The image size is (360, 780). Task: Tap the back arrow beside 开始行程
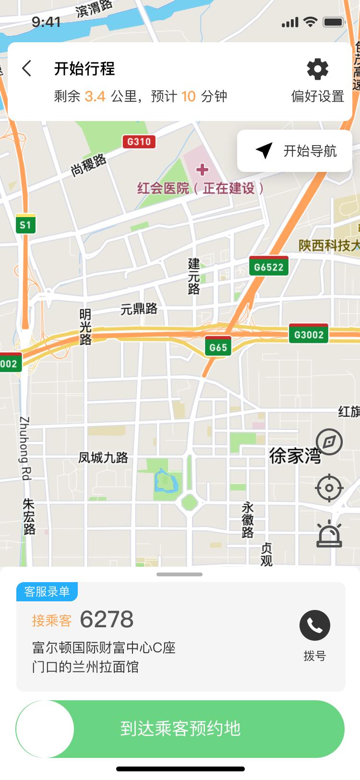coord(27,69)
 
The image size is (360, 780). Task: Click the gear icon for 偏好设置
coord(317,70)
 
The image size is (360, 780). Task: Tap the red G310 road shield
coord(139,142)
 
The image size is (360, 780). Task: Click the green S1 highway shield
coord(25,224)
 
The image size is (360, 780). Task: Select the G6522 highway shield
coord(269,267)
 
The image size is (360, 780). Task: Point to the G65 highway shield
coord(218,347)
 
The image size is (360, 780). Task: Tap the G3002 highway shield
coord(309,334)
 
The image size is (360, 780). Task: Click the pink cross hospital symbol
coord(203,170)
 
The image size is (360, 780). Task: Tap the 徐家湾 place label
coord(295,455)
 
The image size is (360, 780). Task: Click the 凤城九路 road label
coord(103,457)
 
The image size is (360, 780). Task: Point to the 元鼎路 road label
coord(139,308)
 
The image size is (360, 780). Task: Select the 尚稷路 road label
coord(88,165)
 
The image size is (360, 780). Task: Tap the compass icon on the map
coord(329,442)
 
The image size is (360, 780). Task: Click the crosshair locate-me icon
coord(329,488)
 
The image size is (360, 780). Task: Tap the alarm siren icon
coord(329,534)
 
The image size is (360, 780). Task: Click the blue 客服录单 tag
coord(47,592)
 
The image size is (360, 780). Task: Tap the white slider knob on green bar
coord(46,729)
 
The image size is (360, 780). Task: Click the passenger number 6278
coord(107,620)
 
